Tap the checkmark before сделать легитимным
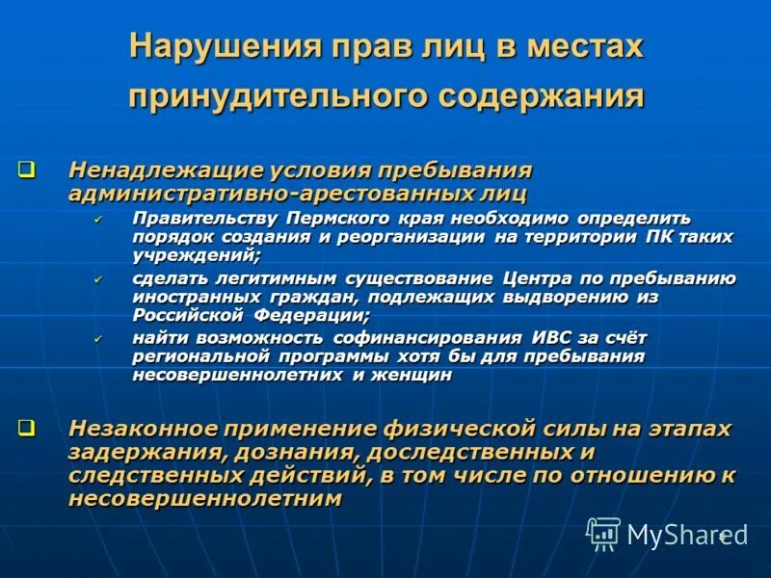click(98, 279)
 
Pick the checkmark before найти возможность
click(98, 338)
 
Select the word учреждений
click(196, 255)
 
